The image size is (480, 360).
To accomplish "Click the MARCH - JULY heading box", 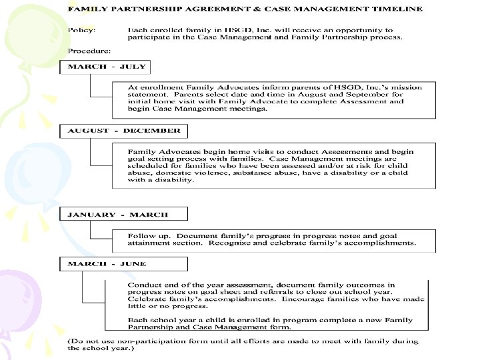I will pyautogui.click(x=106, y=67).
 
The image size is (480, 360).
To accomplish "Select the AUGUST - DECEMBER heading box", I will pyautogui.click(x=123, y=131).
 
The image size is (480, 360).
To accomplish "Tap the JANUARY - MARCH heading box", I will pyautogui.click(x=123, y=215).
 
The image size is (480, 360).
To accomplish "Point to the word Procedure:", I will pyautogui.click(x=89, y=50).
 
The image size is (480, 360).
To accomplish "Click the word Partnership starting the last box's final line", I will pyautogui.click(x=153, y=327).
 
